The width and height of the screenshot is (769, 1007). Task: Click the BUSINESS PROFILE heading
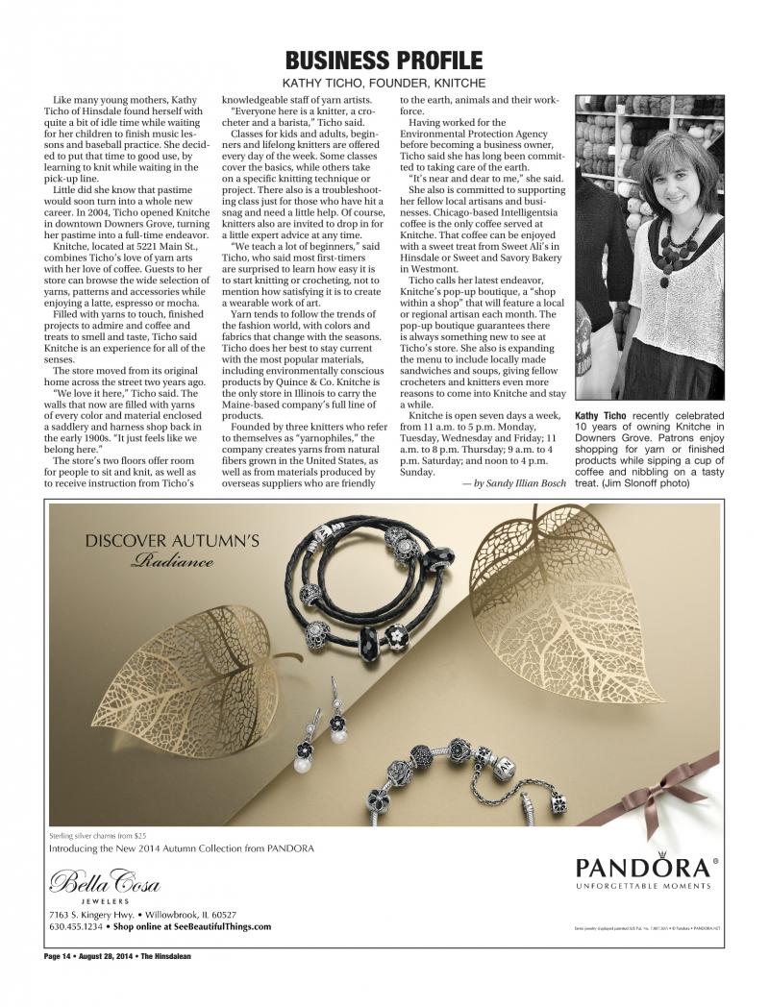[384, 60]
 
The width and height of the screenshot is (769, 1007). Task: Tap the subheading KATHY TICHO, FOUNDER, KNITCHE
[384, 84]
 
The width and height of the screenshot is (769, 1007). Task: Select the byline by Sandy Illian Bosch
[514, 482]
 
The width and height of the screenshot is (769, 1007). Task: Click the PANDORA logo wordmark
[644, 868]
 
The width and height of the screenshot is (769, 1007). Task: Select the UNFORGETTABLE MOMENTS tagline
[644, 886]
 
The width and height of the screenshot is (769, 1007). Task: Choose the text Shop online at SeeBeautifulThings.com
[192, 927]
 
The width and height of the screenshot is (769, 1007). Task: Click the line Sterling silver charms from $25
[95, 836]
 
